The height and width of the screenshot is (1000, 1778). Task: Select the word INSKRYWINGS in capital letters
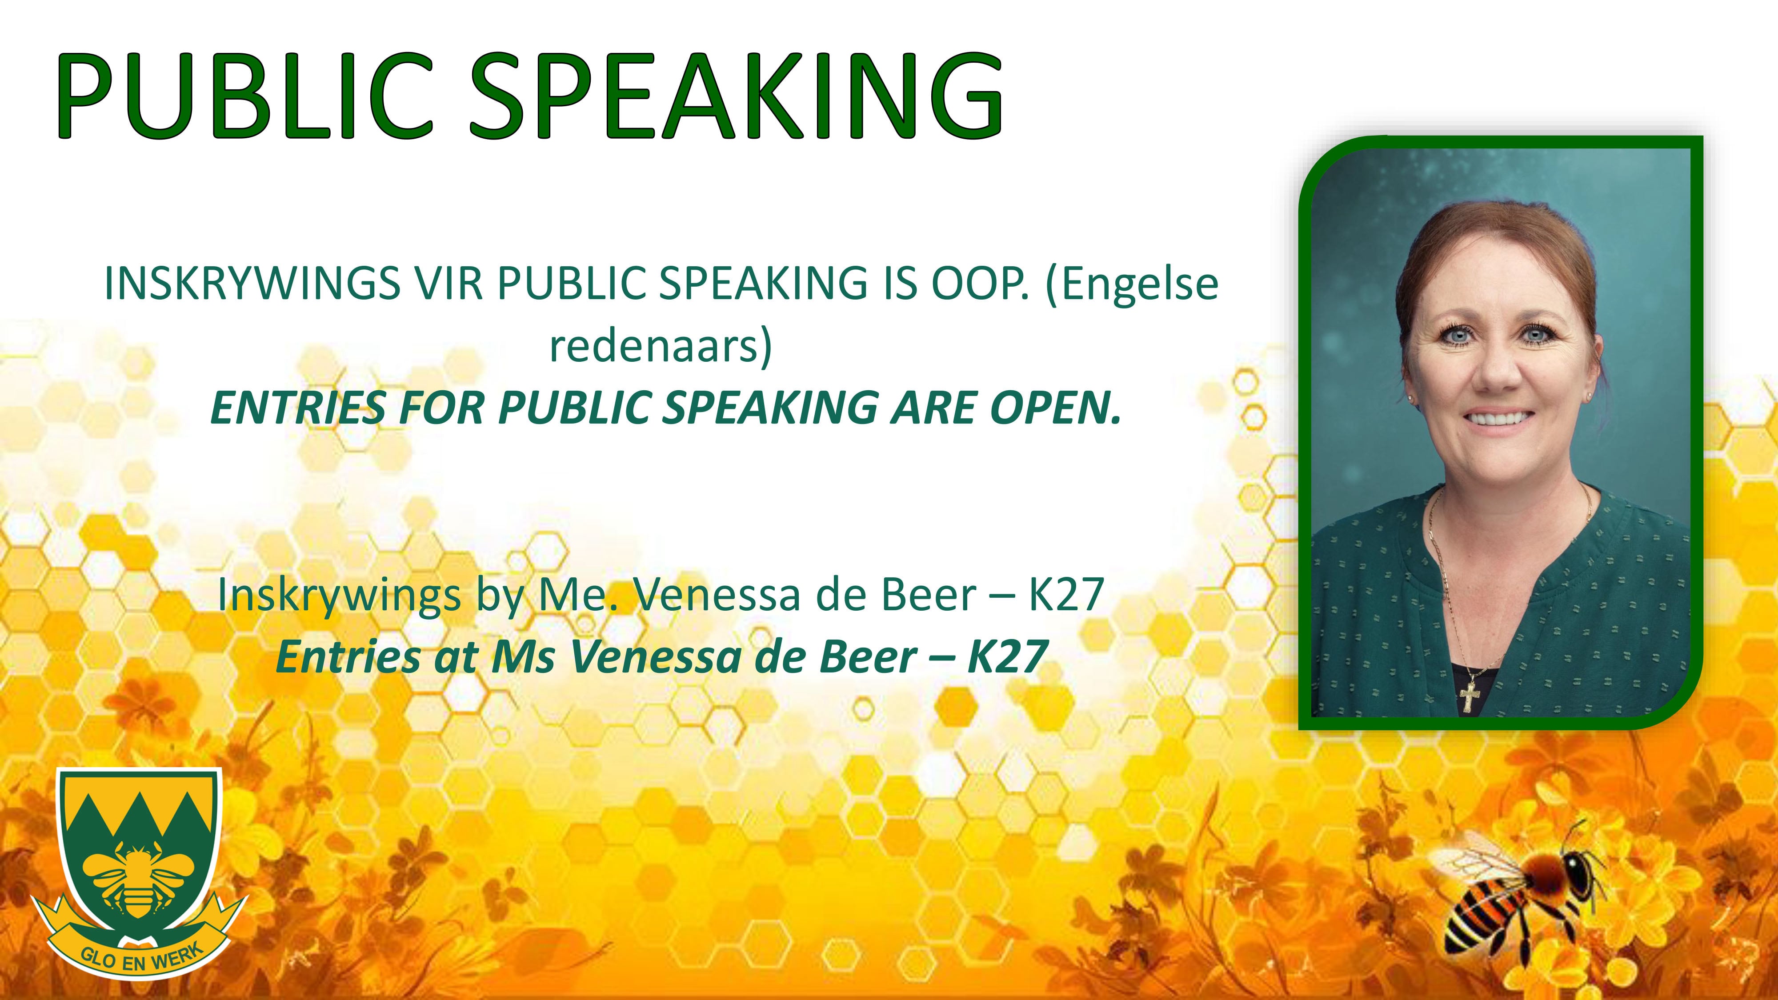click(x=252, y=284)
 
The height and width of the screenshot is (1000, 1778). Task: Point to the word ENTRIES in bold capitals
click(x=297, y=408)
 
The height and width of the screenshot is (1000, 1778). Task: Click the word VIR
click(x=449, y=284)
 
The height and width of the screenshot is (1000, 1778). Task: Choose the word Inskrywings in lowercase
click(x=339, y=596)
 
